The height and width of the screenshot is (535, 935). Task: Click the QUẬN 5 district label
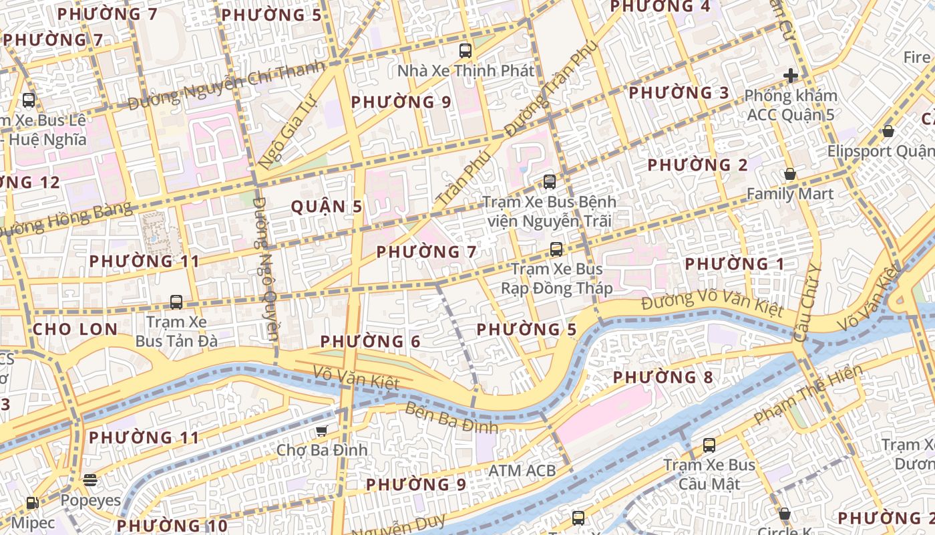327,207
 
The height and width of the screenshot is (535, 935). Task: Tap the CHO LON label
75,329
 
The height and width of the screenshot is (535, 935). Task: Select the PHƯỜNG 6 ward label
370,342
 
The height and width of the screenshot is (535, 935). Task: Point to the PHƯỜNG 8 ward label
663,377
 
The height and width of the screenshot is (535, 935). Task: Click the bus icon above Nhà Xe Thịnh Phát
465,50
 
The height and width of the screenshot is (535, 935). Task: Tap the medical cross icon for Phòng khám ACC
791,76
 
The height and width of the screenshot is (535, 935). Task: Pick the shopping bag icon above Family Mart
790,174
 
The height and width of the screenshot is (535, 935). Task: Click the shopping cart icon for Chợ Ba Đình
321,431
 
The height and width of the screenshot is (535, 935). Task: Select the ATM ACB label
522,471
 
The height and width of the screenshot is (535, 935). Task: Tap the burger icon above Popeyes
90,479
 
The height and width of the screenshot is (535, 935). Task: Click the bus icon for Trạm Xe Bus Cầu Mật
709,445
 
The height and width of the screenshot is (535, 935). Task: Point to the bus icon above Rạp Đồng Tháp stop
556,249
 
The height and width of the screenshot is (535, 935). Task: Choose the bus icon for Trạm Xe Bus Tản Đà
176,302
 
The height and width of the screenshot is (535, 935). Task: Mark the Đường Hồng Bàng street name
67,218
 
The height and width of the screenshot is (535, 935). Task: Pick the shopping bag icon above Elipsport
888,131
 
